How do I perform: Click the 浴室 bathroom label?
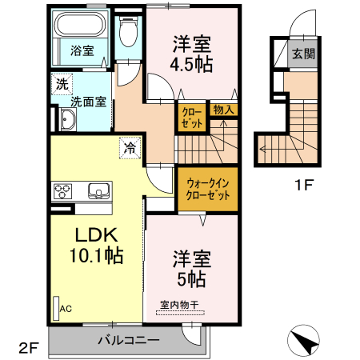click(82, 50)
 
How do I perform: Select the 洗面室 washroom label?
click(87, 102)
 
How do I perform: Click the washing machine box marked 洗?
click(61, 83)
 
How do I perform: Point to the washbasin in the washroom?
click(66, 121)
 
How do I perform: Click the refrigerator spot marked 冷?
click(129, 147)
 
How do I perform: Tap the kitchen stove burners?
click(64, 190)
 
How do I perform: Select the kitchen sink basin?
click(98, 190)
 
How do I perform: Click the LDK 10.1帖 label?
click(97, 246)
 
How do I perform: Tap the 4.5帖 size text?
click(193, 65)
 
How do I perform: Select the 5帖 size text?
click(193, 278)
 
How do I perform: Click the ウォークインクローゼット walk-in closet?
click(207, 189)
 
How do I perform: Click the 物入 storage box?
click(222, 110)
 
